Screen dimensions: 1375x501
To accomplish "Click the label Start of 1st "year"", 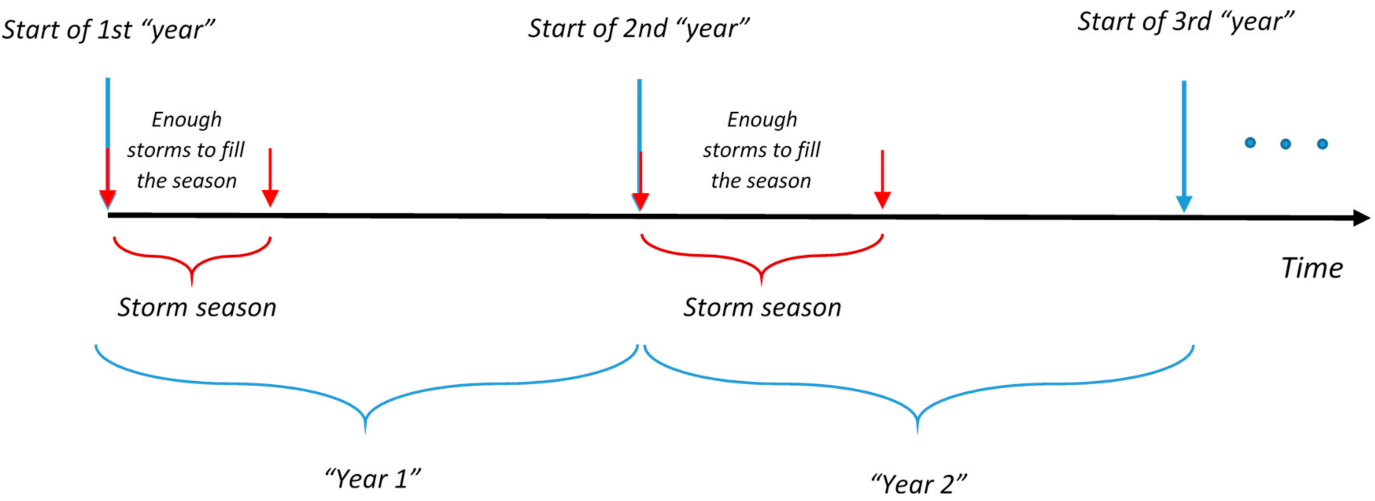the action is coord(108,30).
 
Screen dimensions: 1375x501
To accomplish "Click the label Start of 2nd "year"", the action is coord(639,28).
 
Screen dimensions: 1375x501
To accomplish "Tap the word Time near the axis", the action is coord(1312,268).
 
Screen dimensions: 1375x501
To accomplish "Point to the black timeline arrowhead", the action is coord(1361,218).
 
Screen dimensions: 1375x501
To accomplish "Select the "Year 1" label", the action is coord(373,479).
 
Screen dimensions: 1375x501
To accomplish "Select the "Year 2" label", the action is coord(919,484).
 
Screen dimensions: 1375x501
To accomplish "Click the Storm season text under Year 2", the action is coord(762,308).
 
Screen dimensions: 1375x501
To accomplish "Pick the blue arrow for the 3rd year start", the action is coord(1184,147).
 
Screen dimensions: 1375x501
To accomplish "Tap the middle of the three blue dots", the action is coord(1286,144).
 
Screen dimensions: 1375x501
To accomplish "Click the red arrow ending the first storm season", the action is coord(270,177).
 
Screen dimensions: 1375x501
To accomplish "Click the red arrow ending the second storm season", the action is coord(882,179).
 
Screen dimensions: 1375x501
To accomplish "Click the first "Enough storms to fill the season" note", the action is coord(186,150).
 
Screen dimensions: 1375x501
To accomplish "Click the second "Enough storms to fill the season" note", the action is coord(762,150).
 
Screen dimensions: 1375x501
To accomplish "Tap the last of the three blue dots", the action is coord(1322,144).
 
